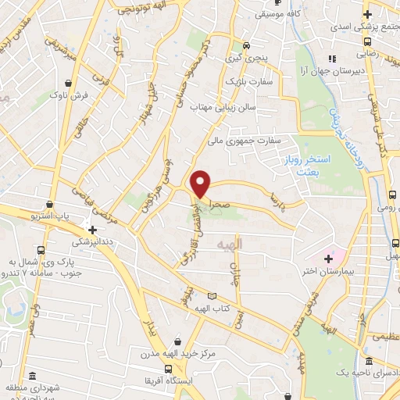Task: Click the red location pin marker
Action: coord(202,183)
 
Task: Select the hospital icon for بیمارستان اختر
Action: coord(328,259)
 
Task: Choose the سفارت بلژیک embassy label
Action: coord(248,80)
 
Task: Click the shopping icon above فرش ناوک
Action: coord(69,82)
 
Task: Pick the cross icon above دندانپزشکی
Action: coord(93,230)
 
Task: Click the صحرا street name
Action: coord(212,200)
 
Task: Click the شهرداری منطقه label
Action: coord(31,388)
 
